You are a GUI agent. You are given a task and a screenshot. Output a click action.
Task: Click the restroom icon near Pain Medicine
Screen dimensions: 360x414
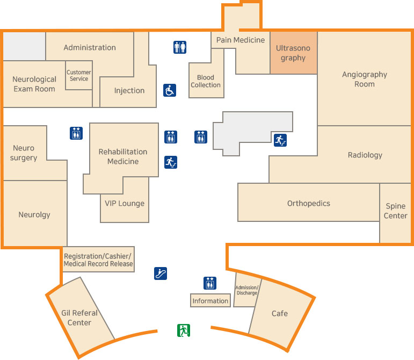(x=180, y=47)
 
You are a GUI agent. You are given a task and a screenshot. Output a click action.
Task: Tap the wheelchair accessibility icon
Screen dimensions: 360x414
(x=170, y=90)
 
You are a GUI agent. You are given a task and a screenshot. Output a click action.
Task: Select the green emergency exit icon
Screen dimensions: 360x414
(x=184, y=330)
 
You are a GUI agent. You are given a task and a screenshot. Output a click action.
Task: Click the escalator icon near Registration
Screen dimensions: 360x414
(x=161, y=273)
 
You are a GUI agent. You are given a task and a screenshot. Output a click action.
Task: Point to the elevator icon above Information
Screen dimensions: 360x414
(x=210, y=283)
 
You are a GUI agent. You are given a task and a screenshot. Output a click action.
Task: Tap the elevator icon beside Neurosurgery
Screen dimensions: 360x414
(x=76, y=133)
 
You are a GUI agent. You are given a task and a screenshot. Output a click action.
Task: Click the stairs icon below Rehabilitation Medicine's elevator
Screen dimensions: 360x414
(x=170, y=162)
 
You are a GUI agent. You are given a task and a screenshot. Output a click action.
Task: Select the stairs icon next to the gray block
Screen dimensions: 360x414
(x=280, y=140)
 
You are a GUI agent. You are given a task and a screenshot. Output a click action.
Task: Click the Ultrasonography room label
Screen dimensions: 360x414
(x=293, y=53)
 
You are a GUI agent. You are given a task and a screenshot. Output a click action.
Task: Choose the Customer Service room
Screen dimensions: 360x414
(x=78, y=76)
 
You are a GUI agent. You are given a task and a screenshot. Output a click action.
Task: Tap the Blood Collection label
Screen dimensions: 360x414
(x=206, y=81)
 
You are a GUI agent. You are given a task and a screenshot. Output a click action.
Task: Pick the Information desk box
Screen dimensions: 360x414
(x=210, y=301)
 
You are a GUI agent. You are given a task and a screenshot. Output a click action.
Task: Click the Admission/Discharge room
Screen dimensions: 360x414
(x=247, y=290)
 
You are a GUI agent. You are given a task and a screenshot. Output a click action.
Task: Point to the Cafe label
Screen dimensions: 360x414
(x=280, y=313)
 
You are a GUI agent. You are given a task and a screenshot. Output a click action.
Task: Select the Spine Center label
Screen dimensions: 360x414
(x=396, y=211)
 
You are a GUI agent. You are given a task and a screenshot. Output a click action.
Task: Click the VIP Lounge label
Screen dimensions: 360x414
(x=125, y=203)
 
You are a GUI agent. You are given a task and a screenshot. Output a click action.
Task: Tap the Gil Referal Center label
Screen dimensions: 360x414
(x=79, y=318)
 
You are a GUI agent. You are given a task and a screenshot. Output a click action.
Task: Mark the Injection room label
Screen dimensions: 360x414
(x=129, y=90)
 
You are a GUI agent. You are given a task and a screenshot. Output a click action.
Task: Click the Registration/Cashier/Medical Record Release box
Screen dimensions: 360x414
(x=98, y=260)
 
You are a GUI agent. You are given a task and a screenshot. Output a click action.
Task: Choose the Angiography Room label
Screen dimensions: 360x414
(x=365, y=80)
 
